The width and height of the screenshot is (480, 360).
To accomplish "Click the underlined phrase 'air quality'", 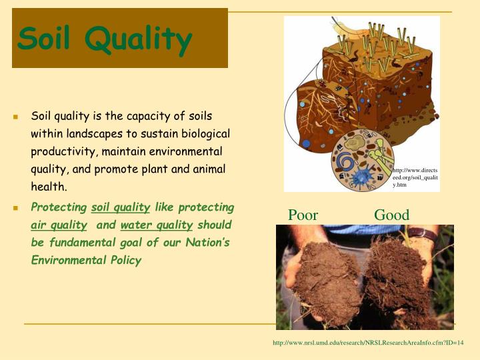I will (x=59, y=225).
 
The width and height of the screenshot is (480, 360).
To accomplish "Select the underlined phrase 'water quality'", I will (x=157, y=225).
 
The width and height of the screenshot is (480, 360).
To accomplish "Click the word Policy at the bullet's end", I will (x=126, y=260).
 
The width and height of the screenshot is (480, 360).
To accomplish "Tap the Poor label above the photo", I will (x=303, y=215).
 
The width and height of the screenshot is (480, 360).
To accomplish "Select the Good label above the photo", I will (x=391, y=215).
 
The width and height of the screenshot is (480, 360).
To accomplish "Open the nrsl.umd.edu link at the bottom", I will (x=368, y=343).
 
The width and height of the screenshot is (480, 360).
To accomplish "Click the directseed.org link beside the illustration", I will (x=415, y=177).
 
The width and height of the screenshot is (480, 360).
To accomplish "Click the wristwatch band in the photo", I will (x=422, y=235).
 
